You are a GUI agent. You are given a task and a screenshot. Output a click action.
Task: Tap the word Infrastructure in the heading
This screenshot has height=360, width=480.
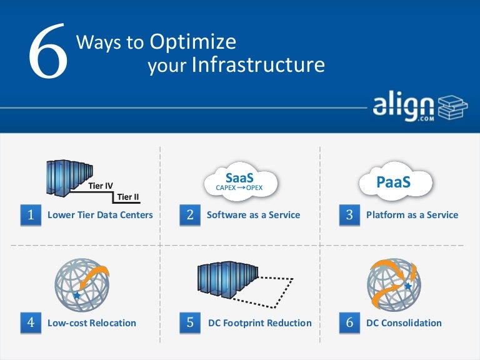(258, 65)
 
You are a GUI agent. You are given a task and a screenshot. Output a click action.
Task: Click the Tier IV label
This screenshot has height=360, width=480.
(100, 186)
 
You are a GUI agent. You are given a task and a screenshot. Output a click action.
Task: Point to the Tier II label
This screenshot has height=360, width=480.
(127, 197)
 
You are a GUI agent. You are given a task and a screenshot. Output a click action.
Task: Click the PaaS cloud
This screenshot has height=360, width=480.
(396, 182)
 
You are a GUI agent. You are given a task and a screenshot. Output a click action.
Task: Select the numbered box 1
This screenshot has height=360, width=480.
(31, 215)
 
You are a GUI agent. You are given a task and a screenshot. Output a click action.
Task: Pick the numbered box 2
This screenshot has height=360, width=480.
(190, 215)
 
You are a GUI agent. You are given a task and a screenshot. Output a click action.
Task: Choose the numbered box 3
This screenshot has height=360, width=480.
(349, 215)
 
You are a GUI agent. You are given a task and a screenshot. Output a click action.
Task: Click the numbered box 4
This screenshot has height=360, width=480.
(31, 323)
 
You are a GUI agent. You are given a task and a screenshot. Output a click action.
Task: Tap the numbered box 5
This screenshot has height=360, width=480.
(190, 323)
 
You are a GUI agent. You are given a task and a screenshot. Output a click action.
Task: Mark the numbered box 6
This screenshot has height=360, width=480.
(349, 323)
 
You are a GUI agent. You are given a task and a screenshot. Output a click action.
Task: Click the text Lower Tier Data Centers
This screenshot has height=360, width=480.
(100, 215)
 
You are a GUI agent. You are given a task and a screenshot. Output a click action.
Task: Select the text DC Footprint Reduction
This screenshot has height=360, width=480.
(259, 323)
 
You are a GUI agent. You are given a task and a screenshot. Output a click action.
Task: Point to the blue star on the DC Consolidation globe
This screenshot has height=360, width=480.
(407, 286)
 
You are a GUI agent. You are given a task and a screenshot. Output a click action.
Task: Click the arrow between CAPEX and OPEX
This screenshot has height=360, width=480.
(241, 187)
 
